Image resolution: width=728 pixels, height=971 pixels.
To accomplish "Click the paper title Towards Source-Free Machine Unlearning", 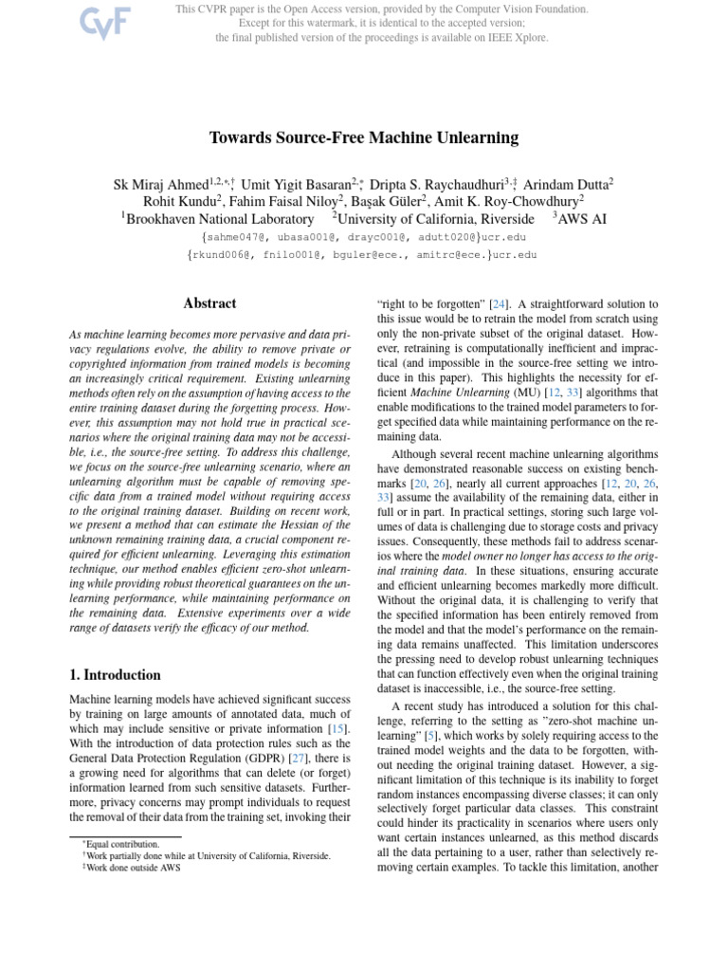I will point(364,137).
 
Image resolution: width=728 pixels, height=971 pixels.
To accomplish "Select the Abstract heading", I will point(209,303).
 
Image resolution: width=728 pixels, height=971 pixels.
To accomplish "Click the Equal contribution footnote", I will point(119,843).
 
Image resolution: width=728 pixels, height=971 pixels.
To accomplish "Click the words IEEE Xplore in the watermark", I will point(520,38).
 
